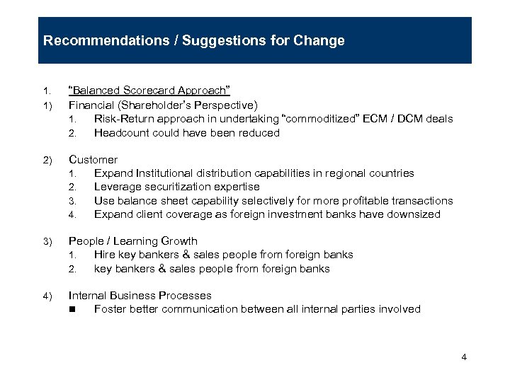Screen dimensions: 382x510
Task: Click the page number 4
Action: (464, 357)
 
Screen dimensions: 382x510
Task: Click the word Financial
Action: (89, 105)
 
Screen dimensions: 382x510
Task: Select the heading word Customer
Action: (93, 160)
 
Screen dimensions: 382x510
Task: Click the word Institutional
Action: (161, 173)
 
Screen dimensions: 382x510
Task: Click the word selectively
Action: (278, 201)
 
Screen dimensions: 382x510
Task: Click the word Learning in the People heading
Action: (132, 241)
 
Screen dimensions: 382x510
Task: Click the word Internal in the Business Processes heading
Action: (88, 296)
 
